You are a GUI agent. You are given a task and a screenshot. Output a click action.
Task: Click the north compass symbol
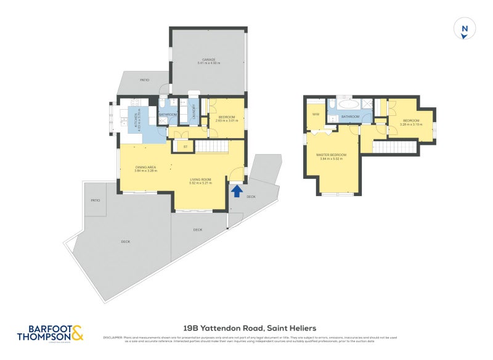click(x=465, y=30)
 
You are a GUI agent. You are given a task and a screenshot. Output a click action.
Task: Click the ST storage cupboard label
click(x=184, y=147)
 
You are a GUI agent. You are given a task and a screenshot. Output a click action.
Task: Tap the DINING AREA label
click(x=145, y=166)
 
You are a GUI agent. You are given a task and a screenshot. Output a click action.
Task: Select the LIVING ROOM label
click(x=201, y=179)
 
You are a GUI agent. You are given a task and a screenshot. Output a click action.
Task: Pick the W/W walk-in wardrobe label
click(x=316, y=115)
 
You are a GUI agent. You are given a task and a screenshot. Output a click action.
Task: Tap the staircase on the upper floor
click(x=394, y=147)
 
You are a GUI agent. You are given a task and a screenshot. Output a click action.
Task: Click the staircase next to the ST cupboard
click(x=211, y=147)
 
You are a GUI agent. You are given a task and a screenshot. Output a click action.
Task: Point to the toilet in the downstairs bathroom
click(x=163, y=105)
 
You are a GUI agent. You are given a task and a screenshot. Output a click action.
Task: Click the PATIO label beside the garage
click(x=145, y=80)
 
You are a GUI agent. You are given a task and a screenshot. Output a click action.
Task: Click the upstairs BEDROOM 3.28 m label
click(x=410, y=121)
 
